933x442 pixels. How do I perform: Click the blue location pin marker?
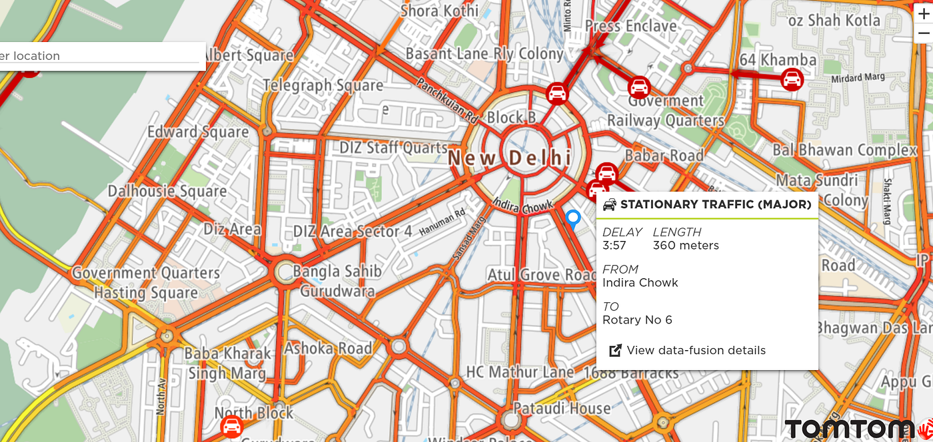[572, 218]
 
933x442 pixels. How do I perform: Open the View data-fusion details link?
[695, 350]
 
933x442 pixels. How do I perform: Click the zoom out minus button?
[923, 33]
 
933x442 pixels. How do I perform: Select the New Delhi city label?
[510, 158]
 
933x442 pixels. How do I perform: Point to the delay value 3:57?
[614, 246]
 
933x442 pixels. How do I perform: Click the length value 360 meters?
[686, 246]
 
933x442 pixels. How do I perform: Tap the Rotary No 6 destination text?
[637, 320]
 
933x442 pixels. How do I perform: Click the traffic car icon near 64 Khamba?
[792, 80]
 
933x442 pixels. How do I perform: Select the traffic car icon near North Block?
[231, 427]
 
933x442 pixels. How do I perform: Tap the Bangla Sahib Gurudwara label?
[338, 281]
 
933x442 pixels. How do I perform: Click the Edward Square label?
[198, 132]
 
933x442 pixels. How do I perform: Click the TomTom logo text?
[849, 429]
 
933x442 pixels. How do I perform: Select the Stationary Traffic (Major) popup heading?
[715, 204]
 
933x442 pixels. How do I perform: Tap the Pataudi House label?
[561, 408]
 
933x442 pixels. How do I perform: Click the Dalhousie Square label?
[167, 192]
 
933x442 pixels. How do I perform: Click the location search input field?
[100, 56]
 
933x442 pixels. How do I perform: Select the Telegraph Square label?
[323, 86]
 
